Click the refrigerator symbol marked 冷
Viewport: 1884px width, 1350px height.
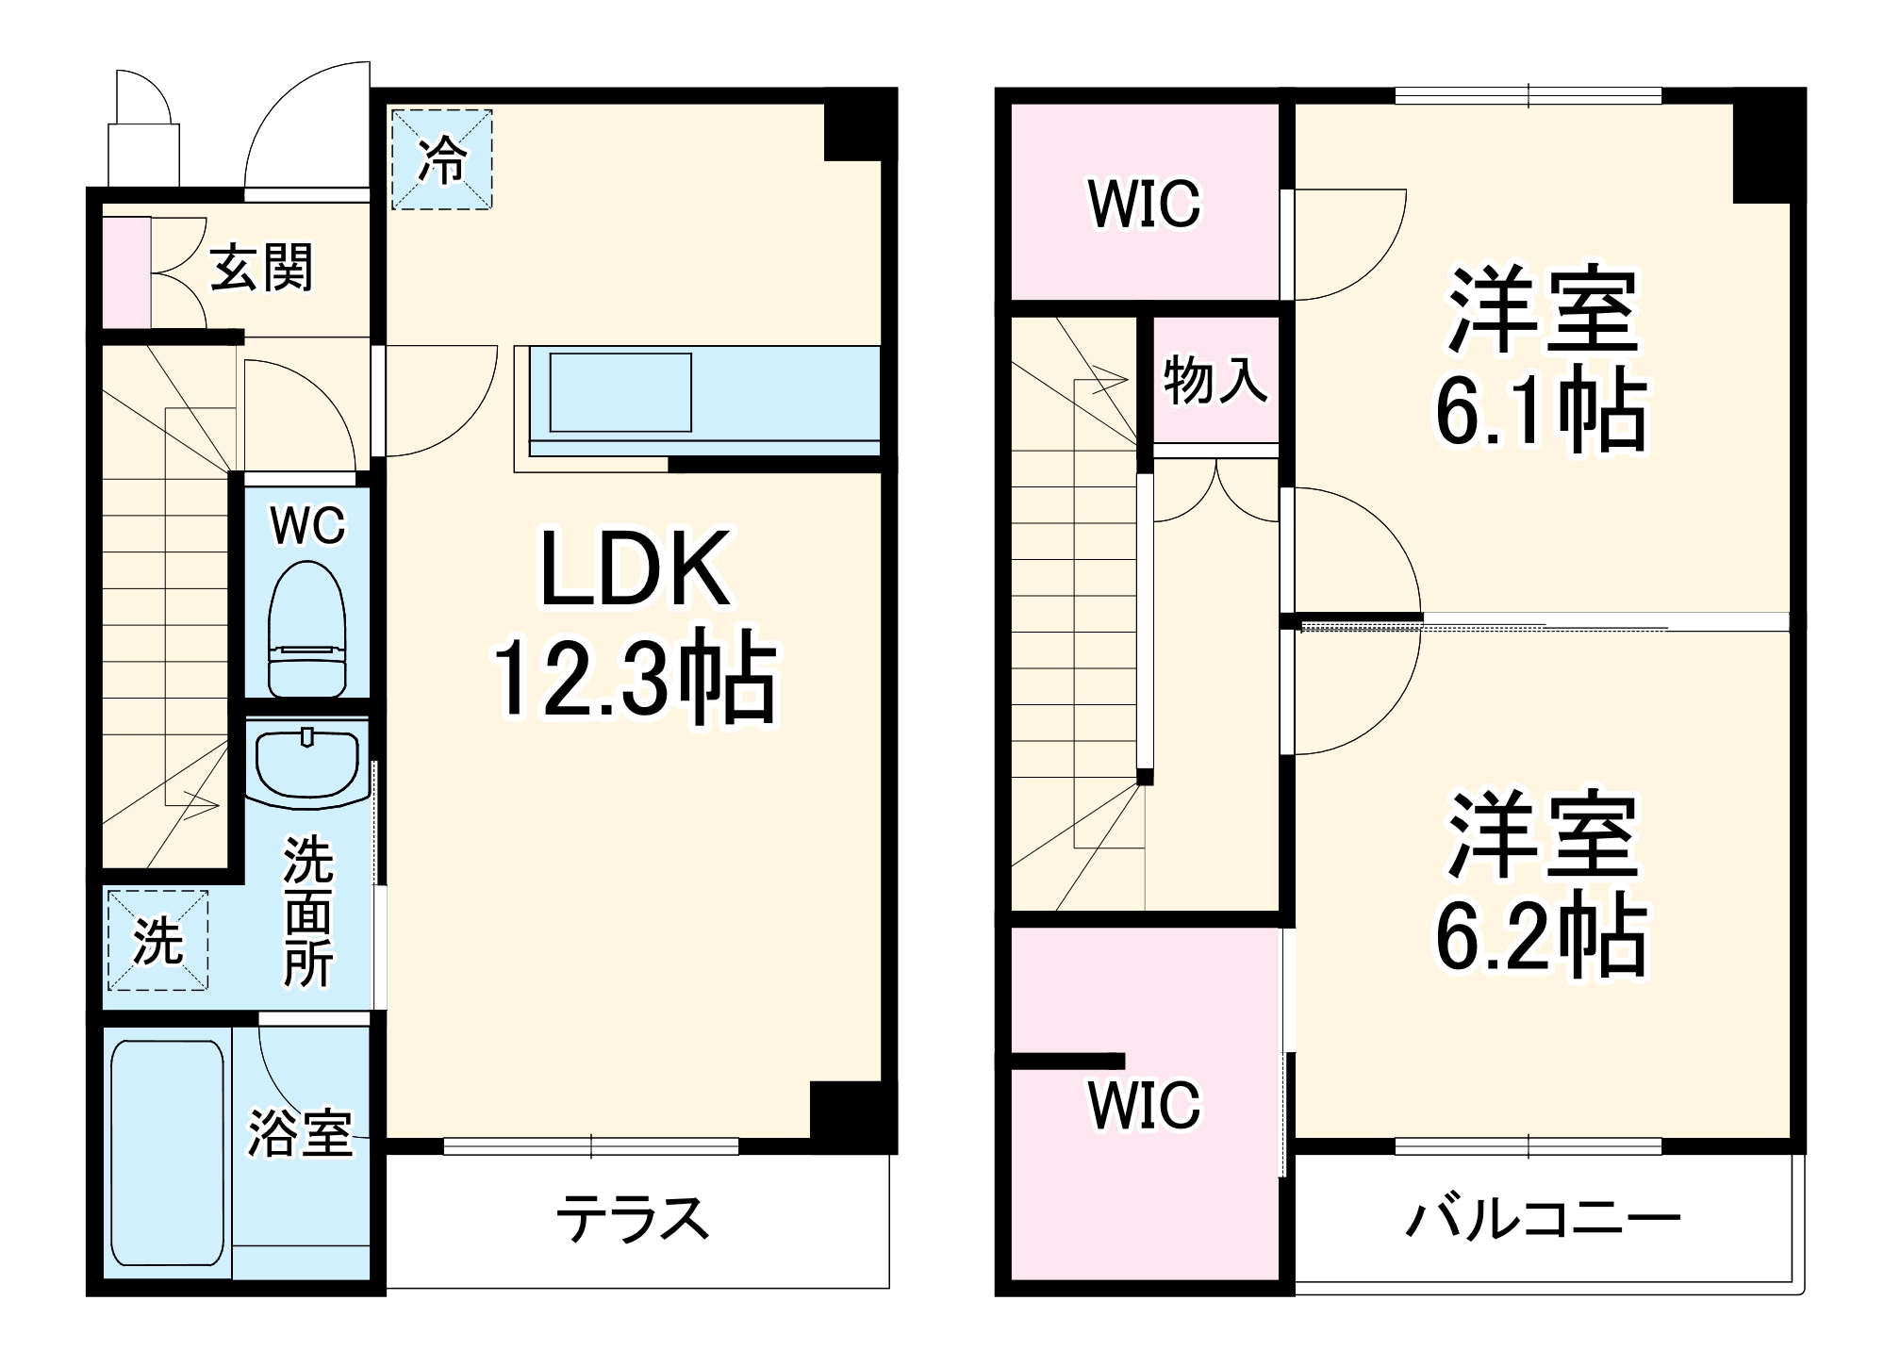(x=441, y=159)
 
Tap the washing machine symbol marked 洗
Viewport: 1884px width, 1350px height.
(x=157, y=940)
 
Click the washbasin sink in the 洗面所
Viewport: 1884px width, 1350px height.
(x=306, y=765)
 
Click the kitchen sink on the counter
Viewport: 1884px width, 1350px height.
(x=620, y=392)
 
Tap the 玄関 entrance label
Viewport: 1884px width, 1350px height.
(x=260, y=268)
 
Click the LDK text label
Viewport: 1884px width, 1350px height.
(x=635, y=570)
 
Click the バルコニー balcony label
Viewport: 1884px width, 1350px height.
(x=1543, y=1219)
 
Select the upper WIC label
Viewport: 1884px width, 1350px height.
(x=1144, y=203)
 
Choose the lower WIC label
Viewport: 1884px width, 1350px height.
(x=1144, y=1104)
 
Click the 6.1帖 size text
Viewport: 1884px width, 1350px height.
(x=1541, y=413)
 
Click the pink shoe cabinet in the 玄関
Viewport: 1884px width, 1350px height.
(x=126, y=272)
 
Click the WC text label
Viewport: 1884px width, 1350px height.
(x=307, y=525)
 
